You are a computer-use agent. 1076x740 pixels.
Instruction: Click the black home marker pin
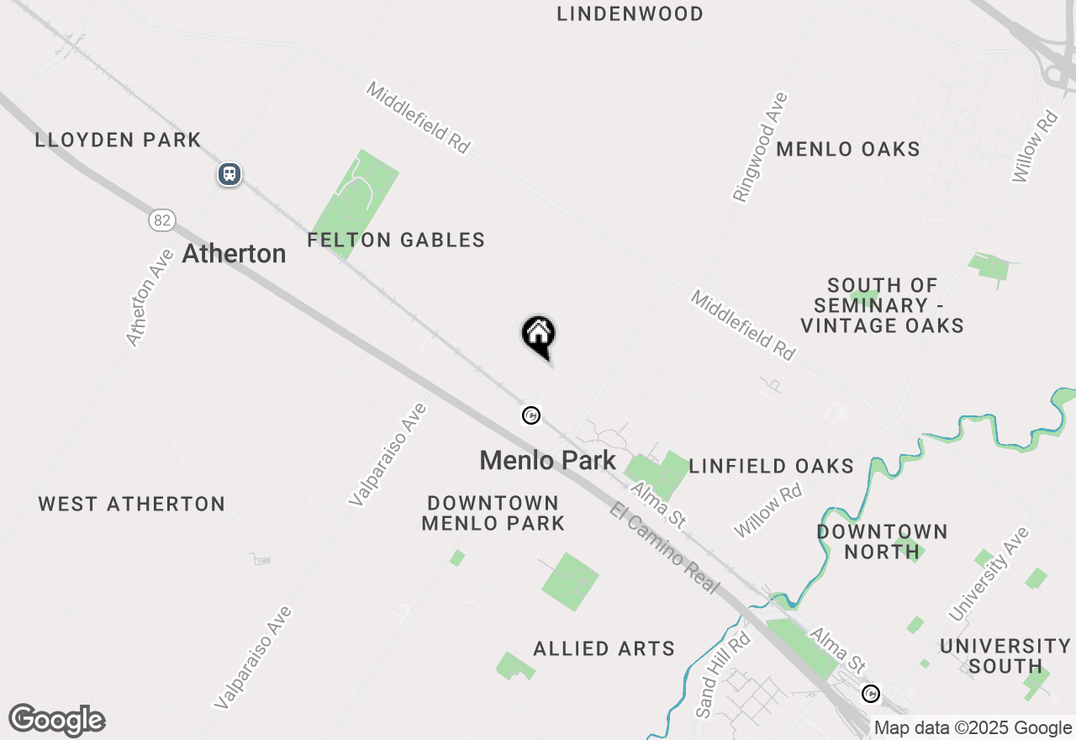point(539,335)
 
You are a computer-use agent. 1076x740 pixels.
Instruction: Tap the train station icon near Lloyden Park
point(229,174)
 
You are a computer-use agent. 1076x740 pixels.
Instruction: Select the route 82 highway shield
point(162,220)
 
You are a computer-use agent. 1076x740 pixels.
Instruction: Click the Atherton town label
point(234,253)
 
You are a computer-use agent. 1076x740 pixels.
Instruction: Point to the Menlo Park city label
point(547,460)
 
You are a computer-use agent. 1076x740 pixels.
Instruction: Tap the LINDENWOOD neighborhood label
point(630,13)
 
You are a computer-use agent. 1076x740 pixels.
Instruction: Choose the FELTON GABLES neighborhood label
point(396,240)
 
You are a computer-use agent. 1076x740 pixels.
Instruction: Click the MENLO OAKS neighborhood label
point(847,149)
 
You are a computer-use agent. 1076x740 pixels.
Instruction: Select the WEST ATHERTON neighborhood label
point(132,504)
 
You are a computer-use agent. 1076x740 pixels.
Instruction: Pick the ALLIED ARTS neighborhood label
point(604,648)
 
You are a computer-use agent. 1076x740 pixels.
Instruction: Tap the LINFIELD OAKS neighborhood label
point(771,466)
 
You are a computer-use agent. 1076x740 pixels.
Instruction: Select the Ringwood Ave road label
point(760,148)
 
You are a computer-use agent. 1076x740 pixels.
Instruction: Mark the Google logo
point(56,720)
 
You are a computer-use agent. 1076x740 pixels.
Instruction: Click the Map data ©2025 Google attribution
point(973,728)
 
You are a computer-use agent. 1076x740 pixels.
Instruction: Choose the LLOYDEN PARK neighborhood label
point(118,140)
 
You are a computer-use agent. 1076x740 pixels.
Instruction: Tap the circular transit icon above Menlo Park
point(530,415)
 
